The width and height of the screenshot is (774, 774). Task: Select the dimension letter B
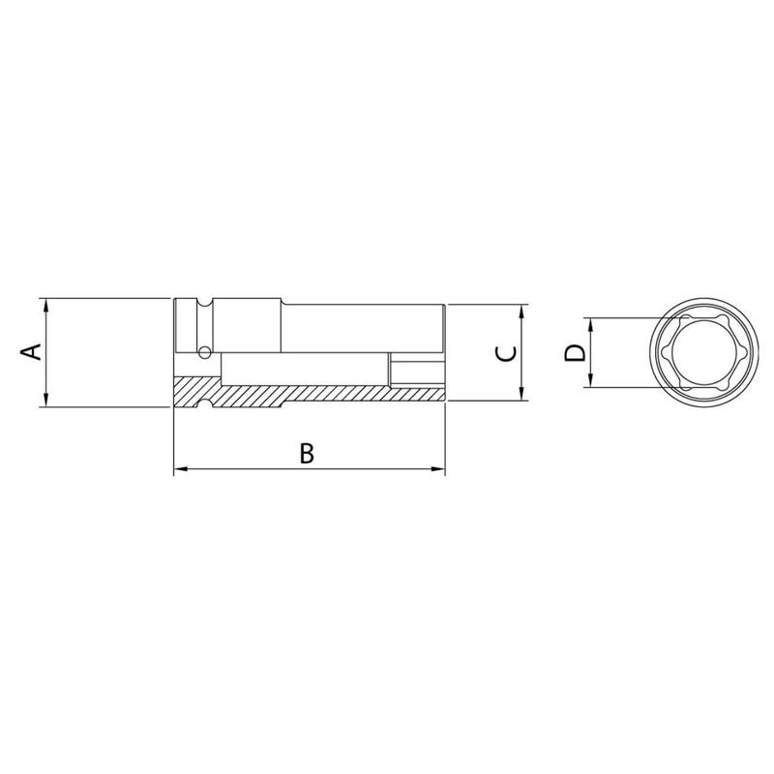pos(306,453)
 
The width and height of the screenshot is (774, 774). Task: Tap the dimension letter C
pos(504,353)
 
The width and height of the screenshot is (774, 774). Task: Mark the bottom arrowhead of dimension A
pos(46,402)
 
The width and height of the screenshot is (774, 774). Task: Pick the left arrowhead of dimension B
pos(179,472)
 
